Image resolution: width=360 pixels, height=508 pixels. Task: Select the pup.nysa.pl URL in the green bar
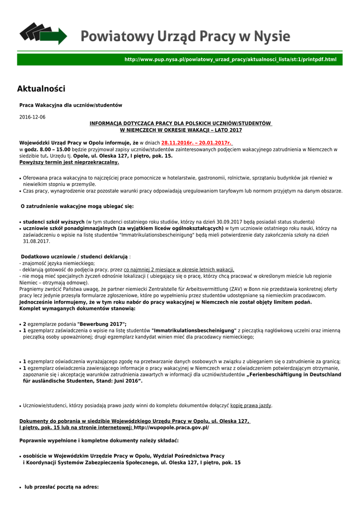point(230,60)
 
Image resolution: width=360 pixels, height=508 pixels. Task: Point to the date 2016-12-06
point(32,117)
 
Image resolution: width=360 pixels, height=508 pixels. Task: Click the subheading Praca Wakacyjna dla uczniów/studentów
point(71,105)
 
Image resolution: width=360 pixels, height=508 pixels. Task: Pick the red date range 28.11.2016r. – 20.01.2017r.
point(197,143)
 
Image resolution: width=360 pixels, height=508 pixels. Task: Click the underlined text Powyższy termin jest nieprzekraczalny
point(69,162)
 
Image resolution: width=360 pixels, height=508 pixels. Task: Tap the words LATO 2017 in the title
point(226,130)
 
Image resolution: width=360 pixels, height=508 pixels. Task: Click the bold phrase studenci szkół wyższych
point(54,221)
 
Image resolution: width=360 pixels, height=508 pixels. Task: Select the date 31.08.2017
point(36,241)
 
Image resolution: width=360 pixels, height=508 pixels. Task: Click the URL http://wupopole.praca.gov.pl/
point(172,427)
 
